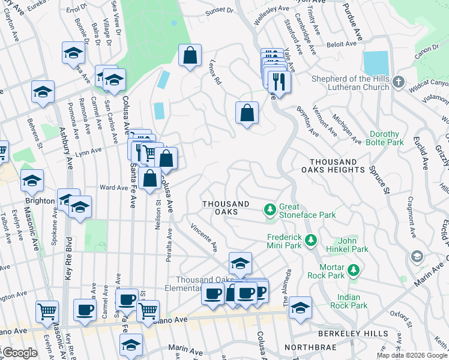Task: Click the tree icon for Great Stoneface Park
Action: [270, 209]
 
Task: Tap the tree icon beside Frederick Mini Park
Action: [310, 241]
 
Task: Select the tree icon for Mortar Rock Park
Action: [354, 271]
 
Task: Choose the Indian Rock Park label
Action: [349, 301]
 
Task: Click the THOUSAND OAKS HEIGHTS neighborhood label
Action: [337, 166]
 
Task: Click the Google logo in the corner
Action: [20, 353]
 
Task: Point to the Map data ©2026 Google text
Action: [412, 355]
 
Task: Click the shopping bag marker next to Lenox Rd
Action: [190, 56]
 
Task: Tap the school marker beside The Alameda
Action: [300, 308]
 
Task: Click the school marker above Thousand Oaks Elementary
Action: [240, 263]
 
